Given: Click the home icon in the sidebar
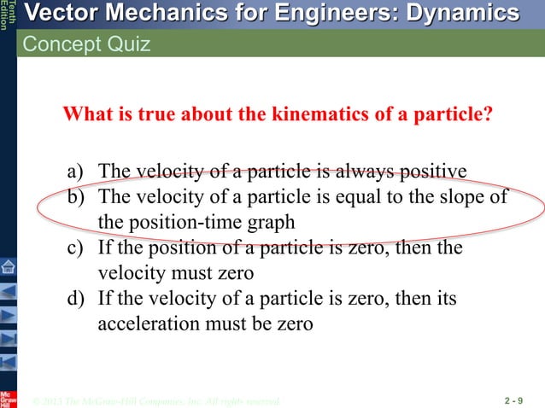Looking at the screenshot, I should [8, 265].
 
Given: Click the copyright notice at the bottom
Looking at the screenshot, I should [154, 400].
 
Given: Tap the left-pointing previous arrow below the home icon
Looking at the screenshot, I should [8, 291].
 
